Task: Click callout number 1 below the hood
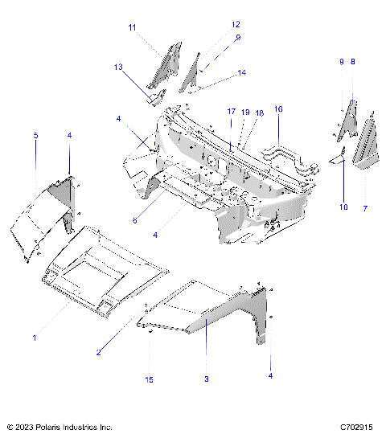[x=35, y=338]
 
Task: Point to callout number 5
[x=35, y=137]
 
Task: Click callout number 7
[x=366, y=208]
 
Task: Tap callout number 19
[x=244, y=113]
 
